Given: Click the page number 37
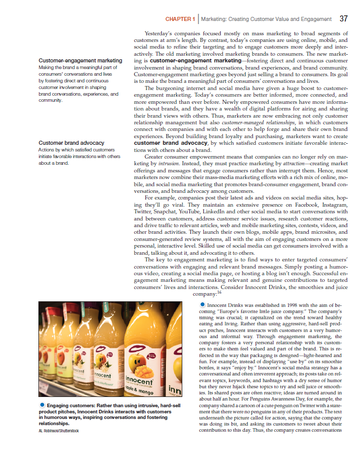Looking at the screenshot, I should coord(343,19).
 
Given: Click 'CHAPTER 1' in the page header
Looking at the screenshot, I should coord(180,19).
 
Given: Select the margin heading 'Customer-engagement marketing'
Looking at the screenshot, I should coord(80,61).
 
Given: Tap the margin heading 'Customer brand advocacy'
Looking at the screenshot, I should coord(71,143).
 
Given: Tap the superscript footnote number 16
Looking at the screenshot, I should coord(219,292).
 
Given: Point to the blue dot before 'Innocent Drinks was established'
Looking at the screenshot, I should coord(203,305).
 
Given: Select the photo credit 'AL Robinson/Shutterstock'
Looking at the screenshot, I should coord(59,430).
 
